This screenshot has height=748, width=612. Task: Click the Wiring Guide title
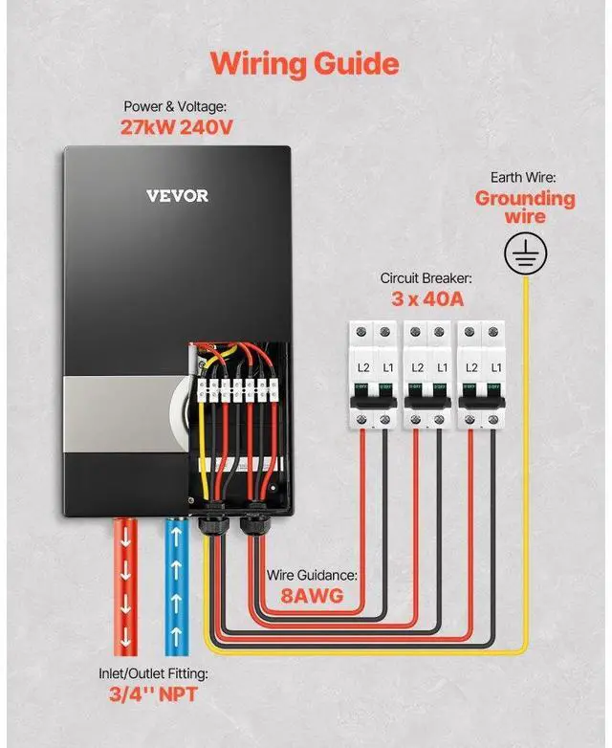(x=304, y=63)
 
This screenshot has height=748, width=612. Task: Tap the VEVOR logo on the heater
(x=177, y=196)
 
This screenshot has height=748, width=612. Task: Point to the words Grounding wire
(x=525, y=208)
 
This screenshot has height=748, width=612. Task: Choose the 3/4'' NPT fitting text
(x=153, y=693)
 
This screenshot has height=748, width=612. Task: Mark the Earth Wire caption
(x=524, y=178)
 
